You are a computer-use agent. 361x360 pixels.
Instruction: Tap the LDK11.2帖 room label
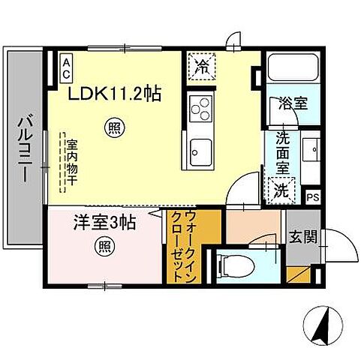click(115, 94)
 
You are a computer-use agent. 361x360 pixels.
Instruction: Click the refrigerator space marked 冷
click(200, 65)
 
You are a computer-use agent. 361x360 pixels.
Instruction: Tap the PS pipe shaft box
click(314, 198)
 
